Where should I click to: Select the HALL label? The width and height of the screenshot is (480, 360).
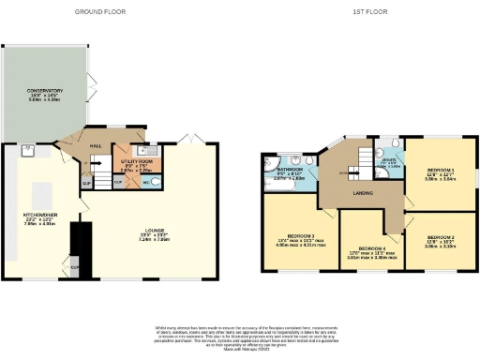tap(95, 145)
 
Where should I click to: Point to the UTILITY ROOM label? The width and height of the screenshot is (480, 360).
tap(137, 161)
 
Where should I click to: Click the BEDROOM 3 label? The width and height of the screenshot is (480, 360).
tap(299, 236)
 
